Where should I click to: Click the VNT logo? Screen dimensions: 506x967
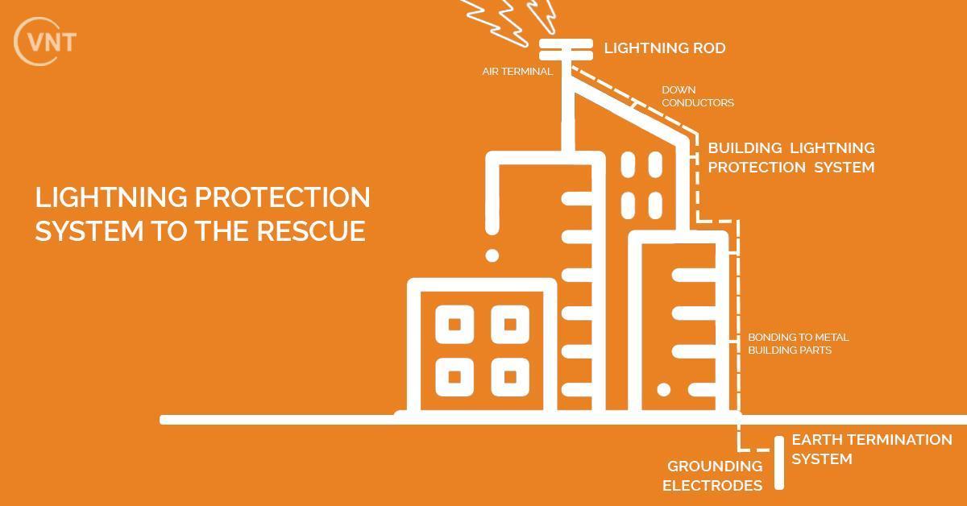pyautogui.click(x=45, y=40)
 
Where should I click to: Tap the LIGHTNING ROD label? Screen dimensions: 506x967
pyautogui.click(x=665, y=48)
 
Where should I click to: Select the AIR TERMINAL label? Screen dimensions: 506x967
pyautogui.click(x=517, y=72)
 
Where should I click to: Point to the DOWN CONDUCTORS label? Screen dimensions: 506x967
pyautogui.click(x=697, y=97)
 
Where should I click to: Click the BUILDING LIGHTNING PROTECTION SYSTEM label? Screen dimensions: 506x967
pyautogui.click(x=791, y=158)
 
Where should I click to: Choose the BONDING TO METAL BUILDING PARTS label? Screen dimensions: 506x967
pyautogui.click(x=798, y=344)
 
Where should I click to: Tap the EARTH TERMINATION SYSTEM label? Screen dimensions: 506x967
pyautogui.click(x=871, y=450)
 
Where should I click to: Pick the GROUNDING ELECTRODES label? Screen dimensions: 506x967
pyautogui.click(x=712, y=475)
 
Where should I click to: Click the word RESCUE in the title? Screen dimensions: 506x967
pyautogui.click(x=311, y=231)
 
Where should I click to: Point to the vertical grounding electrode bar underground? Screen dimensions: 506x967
pyautogui.click(x=779, y=462)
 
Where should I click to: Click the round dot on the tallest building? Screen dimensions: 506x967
pyautogui.click(x=492, y=255)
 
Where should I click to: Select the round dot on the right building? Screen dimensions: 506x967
pyautogui.click(x=663, y=390)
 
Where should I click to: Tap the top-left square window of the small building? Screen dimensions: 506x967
pyautogui.click(x=454, y=325)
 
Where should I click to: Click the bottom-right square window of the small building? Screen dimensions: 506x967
pyautogui.click(x=509, y=376)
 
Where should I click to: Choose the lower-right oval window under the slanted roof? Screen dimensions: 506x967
pyautogui.click(x=654, y=205)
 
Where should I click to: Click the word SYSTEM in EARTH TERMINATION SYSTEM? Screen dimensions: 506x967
pyautogui.click(x=821, y=459)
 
